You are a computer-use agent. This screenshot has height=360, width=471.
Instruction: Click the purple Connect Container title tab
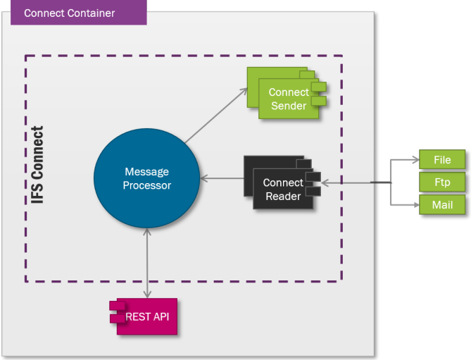click(78, 13)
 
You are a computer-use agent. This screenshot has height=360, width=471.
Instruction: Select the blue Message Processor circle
click(146, 178)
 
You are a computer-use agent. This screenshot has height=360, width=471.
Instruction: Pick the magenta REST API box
click(144, 316)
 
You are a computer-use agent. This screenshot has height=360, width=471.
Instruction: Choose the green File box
click(442, 160)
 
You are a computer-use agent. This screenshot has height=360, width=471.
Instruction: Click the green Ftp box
click(442, 182)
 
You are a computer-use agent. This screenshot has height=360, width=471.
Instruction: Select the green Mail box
click(442, 205)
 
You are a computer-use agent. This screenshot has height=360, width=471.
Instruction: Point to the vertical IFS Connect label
click(38, 166)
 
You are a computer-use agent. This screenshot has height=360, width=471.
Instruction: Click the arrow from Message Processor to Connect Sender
click(215, 116)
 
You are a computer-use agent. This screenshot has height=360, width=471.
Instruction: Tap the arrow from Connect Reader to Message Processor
click(222, 179)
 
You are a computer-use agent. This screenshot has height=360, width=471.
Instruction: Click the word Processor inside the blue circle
click(146, 185)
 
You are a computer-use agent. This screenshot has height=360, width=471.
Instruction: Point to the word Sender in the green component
click(289, 106)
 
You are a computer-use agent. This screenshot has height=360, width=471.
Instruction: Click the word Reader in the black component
click(283, 196)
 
